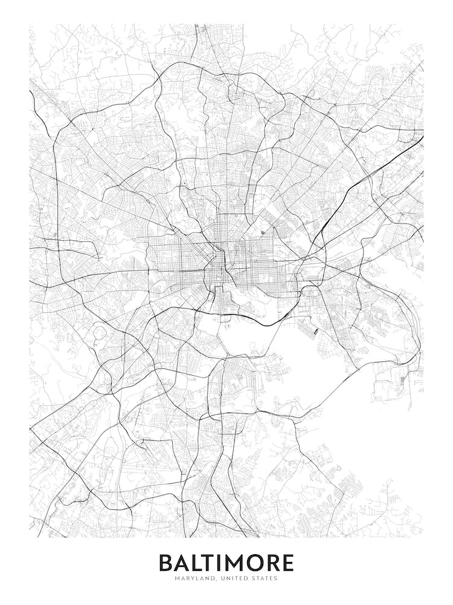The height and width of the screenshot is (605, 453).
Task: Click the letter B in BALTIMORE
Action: (x=166, y=563)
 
